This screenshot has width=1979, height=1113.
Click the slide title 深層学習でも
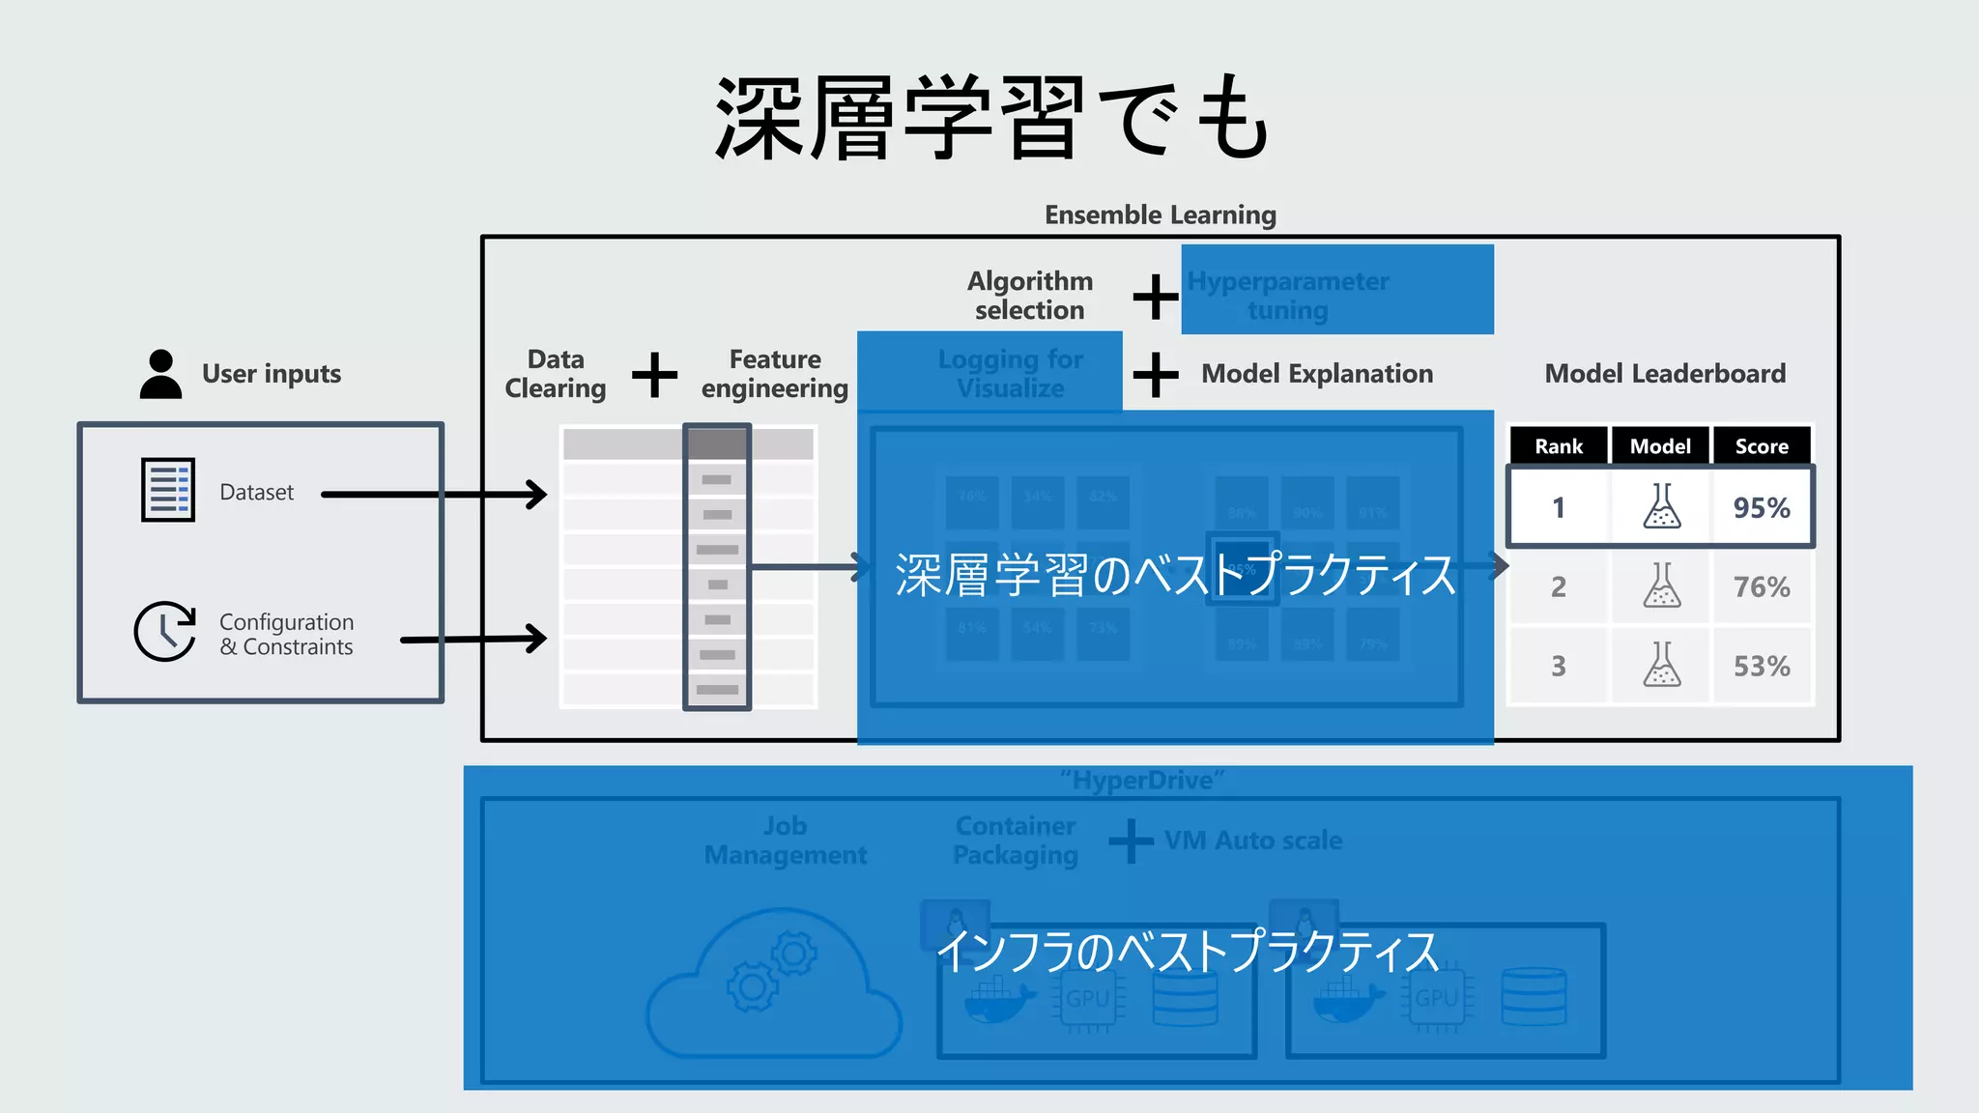(x=991, y=118)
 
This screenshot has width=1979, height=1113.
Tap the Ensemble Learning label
(x=1160, y=214)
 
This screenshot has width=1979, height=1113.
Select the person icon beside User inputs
(x=160, y=374)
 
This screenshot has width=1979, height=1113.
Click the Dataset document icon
(x=168, y=490)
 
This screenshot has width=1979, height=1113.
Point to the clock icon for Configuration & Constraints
(x=164, y=632)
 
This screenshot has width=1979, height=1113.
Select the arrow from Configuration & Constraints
(x=473, y=639)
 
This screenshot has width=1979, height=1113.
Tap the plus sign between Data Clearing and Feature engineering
(x=654, y=374)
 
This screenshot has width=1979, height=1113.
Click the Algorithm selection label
(x=1030, y=295)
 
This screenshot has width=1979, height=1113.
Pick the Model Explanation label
(x=1317, y=374)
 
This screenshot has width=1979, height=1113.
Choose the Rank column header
(x=1559, y=446)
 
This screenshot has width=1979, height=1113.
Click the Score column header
(x=1762, y=446)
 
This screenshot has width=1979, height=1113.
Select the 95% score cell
(x=1762, y=507)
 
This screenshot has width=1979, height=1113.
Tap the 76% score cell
(x=1762, y=586)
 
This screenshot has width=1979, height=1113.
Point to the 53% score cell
(x=1762, y=666)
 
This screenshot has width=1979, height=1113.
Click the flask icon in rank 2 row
(x=1661, y=585)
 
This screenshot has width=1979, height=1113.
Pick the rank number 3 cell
(x=1559, y=666)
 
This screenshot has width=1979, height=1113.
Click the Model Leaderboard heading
(x=1665, y=374)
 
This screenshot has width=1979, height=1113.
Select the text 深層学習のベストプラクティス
(x=1175, y=575)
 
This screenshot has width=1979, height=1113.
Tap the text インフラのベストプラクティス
(x=1189, y=951)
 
